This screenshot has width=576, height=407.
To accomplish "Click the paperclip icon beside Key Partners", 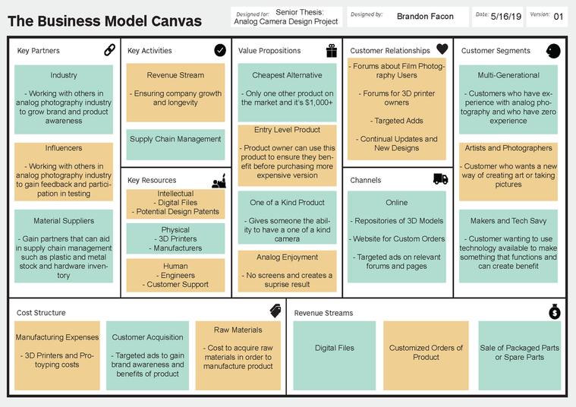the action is (x=109, y=49).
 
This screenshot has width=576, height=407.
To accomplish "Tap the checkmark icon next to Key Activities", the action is (x=220, y=50).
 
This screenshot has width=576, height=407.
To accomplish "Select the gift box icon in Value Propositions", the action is (x=332, y=50).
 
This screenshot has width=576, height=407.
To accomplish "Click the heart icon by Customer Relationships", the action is (x=442, y=49).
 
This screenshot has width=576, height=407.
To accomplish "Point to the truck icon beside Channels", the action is (x=440, y=179).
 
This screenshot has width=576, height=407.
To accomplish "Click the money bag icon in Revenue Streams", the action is (x=554, y=311).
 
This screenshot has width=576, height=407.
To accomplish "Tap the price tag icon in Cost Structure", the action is (x=275, y=311).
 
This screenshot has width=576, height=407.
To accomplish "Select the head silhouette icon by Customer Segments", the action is (x=553, y=51).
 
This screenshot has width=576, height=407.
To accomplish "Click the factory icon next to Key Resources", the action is (x=219, y=181).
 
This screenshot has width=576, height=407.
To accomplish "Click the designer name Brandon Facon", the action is (x=425, y=17).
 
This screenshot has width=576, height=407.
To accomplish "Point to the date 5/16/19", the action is (x=506, y=17).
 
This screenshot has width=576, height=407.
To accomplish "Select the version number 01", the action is (x=559, y=17).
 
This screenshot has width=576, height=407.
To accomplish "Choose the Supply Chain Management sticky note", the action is (x=175, y=144).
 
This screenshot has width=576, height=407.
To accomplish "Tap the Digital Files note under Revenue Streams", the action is (x=334, y=355).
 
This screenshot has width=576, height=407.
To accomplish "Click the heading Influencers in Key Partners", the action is (x=64, y=148).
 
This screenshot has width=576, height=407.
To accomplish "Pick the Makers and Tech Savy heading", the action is (x=508, y=221).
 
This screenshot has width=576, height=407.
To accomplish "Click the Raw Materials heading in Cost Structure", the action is (x=238, y=330).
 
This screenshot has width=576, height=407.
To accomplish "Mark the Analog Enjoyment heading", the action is (x=288, y=257).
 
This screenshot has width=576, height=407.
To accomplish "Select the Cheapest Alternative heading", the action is (x=288, y=75).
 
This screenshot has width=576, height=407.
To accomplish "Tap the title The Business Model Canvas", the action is (x=105, y=21).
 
